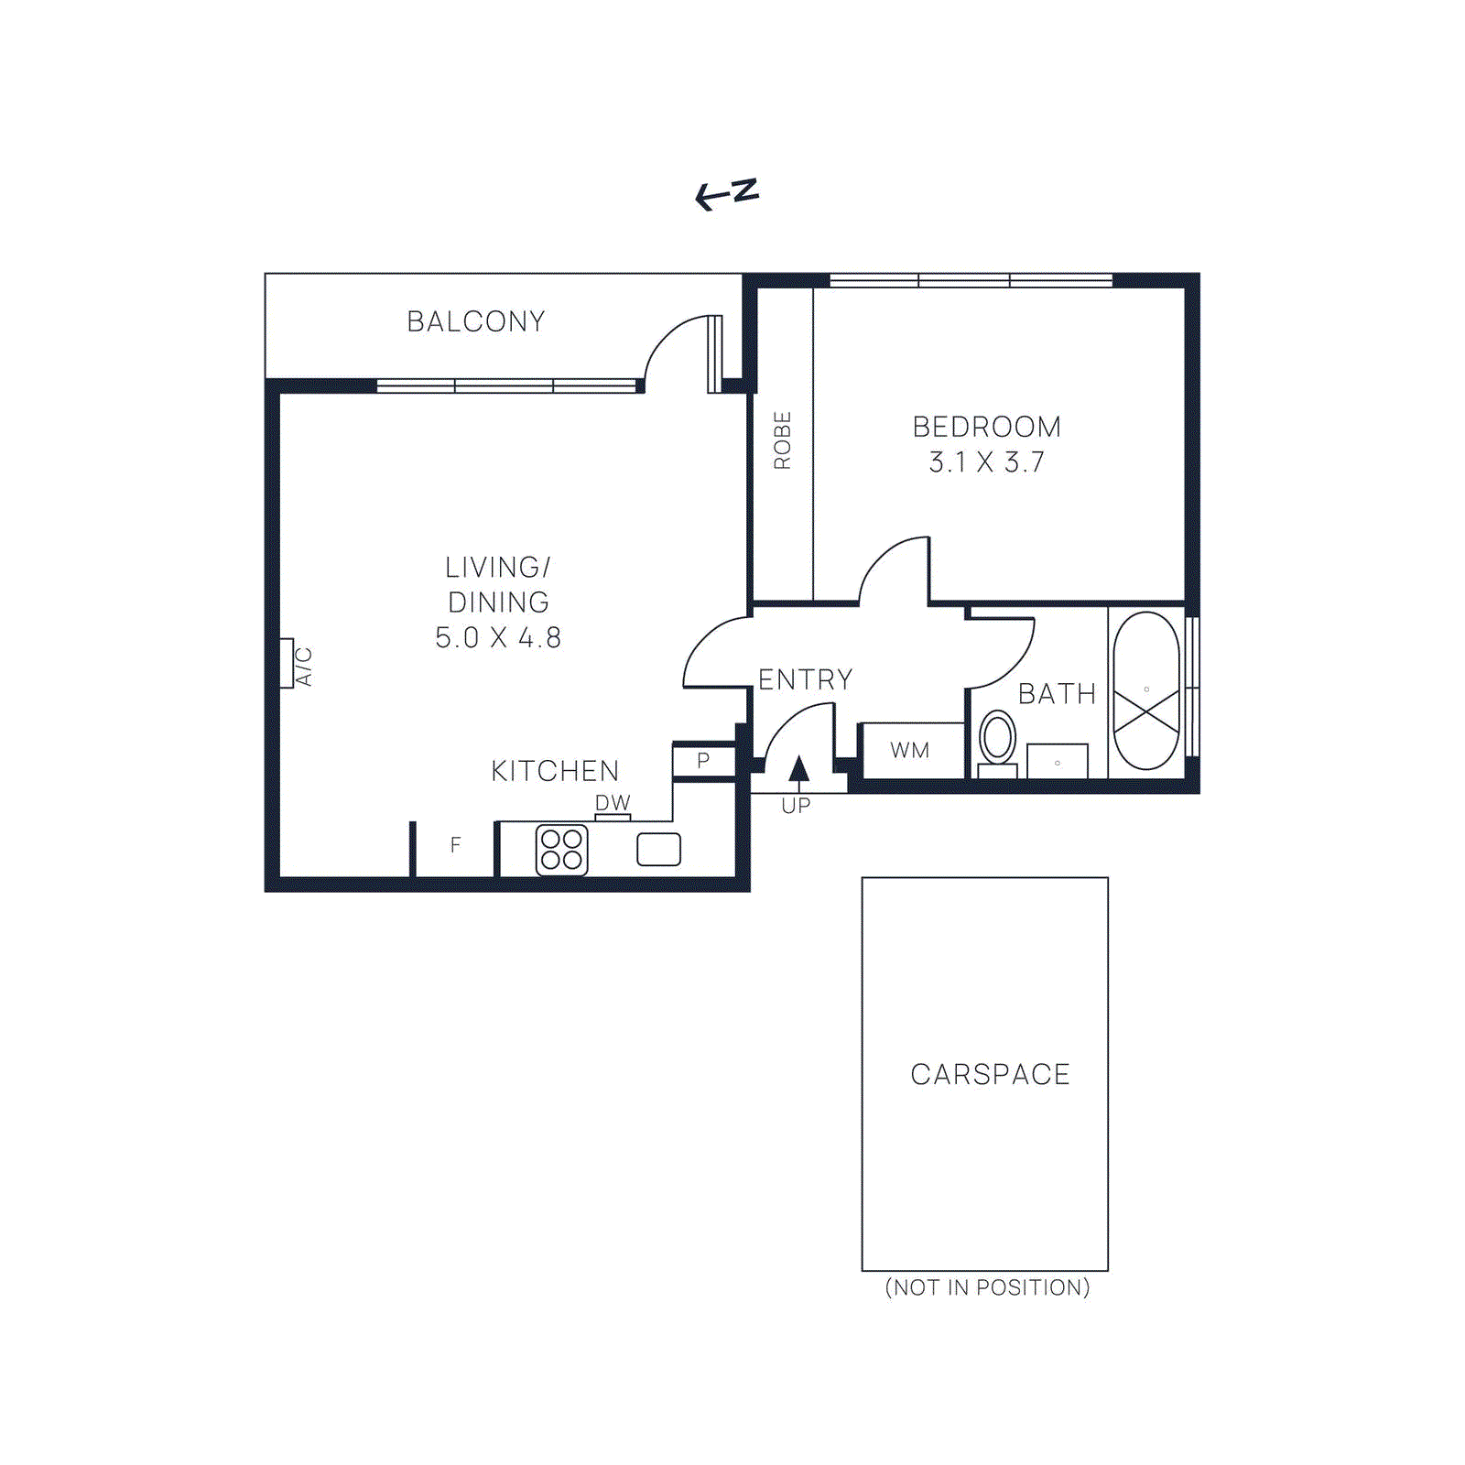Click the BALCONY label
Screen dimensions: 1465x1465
(x=475, y=321)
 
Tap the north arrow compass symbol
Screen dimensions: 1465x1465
(x=728, y=193)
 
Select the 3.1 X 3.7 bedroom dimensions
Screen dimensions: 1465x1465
(x=986, y=462)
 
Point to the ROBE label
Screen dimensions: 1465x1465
(x=782, y=440)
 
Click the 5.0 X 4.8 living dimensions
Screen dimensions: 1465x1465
(x=498, y=637)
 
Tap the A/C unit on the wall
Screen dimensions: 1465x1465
(x=287, y=663)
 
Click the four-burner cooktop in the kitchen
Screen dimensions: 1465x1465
(x=561, y=850)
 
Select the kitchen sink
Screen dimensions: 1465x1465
(x=658, y=849)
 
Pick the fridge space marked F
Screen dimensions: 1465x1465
(x=455, y=845)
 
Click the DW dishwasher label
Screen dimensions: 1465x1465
(x=613, y=802)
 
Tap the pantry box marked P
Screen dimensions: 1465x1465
(x=703, y=761)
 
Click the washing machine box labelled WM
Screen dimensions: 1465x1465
(x=910, y=751)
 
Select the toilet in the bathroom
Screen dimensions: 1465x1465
(x=997, y=742)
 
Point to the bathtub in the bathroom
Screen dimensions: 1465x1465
(x=1146, y=690)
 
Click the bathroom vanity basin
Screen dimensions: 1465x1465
(x=1058, y=761)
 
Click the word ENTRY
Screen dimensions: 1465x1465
(x=805, y=679)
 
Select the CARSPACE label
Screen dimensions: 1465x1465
(x=990, y=1074)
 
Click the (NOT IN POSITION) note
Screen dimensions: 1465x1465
(x=987, y=1287)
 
